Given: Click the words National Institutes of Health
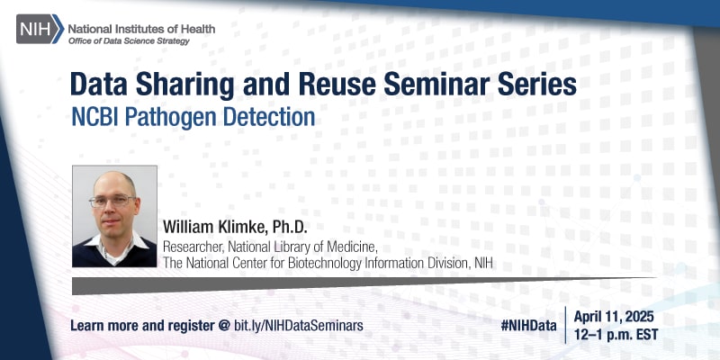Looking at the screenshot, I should point(142,28).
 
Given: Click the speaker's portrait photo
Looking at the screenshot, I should point(114,216).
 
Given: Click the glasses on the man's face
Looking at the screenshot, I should point(112,201).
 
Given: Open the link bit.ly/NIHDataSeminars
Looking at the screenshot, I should point(299,324).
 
